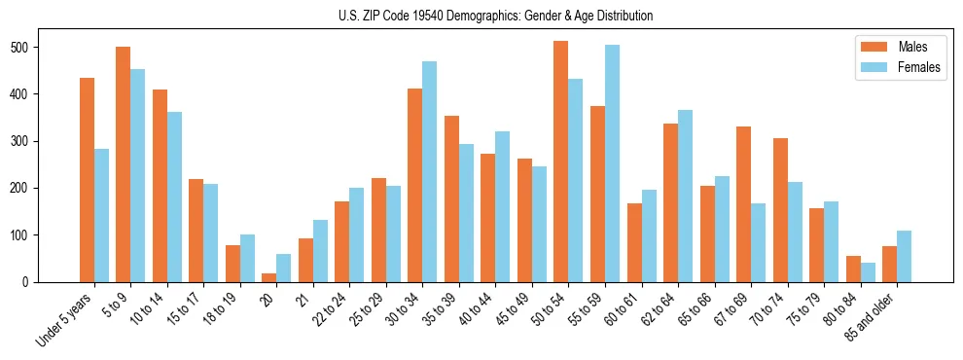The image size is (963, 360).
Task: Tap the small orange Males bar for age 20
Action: pyautogui.click(x=268, y=277)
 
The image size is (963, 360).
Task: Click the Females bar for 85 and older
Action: pyautogui.click(x=904, y=256)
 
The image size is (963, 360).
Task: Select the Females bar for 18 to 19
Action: pyautogui.click(x=247, y=258)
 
